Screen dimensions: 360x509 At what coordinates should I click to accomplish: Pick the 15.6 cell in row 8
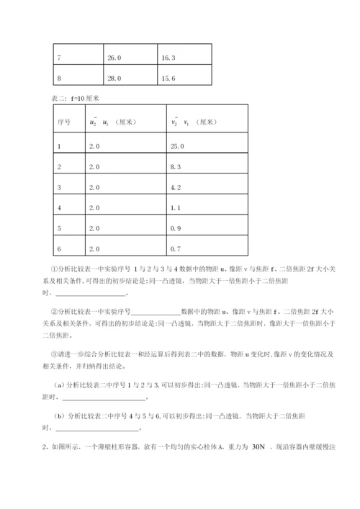point(168,78)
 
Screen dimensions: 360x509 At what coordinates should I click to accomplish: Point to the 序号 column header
point(63,122)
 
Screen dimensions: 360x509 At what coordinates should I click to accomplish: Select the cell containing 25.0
point(176,145)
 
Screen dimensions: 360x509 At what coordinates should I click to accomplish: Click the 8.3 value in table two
point(175,166)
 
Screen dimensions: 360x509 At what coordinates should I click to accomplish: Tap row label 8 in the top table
point(59,78)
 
